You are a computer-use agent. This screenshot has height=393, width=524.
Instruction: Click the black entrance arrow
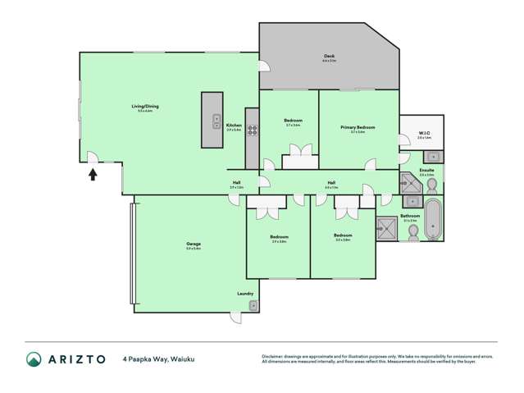coord(93,173)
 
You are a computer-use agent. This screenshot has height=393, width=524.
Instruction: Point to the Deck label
coord(328,57)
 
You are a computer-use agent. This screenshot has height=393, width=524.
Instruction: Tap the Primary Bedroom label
coord(358,127)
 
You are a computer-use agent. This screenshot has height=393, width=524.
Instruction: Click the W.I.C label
coord(424,134)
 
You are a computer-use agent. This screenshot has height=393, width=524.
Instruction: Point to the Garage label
coord(194,244)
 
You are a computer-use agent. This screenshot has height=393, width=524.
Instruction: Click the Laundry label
coord(244,293)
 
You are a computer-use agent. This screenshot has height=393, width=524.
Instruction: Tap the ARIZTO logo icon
coord(34,359)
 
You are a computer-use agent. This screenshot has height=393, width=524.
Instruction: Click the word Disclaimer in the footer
coord(276,356)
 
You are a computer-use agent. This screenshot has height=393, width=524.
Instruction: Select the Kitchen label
coord(234,126)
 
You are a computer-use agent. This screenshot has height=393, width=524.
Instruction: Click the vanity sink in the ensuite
coord(434,156)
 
